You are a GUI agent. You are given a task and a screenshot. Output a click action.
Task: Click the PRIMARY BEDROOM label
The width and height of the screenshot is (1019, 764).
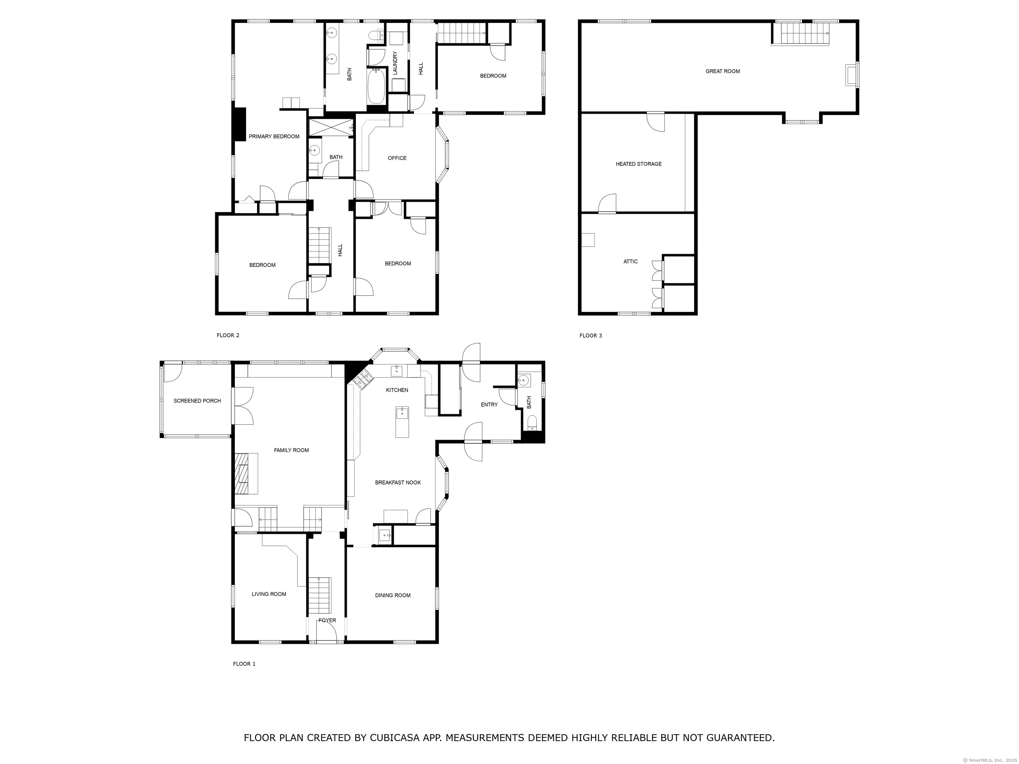(x=274, y=136)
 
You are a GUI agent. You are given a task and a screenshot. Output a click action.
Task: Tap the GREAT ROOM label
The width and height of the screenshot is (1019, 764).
(x=723, y=71)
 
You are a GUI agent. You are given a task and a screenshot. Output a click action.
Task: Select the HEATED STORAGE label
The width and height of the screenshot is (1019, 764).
(x=639, y=164)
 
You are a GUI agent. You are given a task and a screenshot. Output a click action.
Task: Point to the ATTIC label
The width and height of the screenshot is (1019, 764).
(x=631, y=262)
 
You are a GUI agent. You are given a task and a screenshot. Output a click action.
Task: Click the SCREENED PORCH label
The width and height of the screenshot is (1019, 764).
(x=197, y=401)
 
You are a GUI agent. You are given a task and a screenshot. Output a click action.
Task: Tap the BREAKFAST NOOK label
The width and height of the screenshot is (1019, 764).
(x=398, y=482)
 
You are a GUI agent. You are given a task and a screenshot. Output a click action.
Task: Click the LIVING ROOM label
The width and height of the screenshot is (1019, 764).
(x=269, y=594)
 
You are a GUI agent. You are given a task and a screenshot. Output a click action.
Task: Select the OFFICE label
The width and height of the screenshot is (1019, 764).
(x=397, y=158)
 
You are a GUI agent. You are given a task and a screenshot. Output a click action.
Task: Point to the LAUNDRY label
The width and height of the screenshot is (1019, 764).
(x=395, y=63)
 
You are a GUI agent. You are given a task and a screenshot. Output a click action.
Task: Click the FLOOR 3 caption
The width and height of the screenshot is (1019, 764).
(x=590, y=336)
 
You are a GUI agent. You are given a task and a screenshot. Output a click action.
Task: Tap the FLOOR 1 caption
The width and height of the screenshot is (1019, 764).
(x=244, y=664)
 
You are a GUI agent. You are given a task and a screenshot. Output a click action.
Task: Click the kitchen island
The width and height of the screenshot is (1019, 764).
(x=402, y=422)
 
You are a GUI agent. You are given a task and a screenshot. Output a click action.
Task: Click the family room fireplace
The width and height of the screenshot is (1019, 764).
(x=246, y=474)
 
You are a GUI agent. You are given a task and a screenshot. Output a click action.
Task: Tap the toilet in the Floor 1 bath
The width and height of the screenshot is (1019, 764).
(x=532, y=423)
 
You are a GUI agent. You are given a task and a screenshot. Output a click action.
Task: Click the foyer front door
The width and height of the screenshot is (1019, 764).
(x=327, y=631)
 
